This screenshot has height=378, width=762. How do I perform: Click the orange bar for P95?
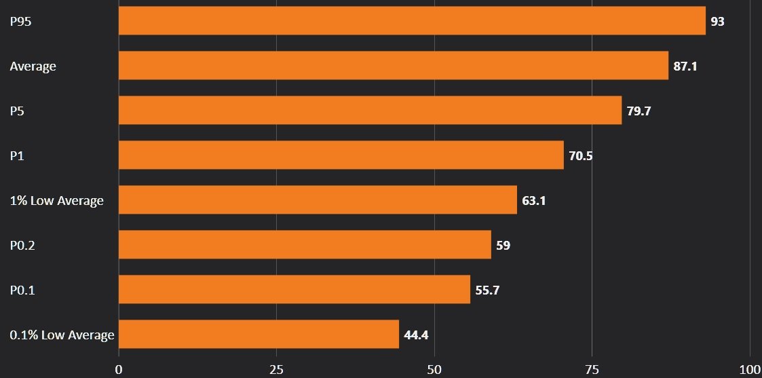pyautogui.click(x=412, y=21)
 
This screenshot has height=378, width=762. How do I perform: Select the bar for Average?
pyautogui.click(x=394, y=66)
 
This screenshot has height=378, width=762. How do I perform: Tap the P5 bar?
pyautogui.click(x=370, y=111)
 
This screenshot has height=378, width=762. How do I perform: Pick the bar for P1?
pyautogui.click(x=341, y=155)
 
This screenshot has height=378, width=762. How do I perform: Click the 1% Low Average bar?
pyautogui.click(x=318, y=200)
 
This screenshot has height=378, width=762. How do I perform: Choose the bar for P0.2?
pyautogui.click(x=305, y=245)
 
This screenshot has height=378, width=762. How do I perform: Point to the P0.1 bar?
pyautogui.click(x=294, y=290)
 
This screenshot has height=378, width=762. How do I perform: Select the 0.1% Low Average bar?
pyautogui.click(x=259, y=335)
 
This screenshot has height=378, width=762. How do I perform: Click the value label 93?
pyautogui.click(x=717, y=22)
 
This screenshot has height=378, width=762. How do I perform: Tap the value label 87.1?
pyautogui.click(x=685, y=67)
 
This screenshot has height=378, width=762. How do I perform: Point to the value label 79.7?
pyautogui.click(x=639, y=111)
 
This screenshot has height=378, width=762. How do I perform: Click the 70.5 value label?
pyautogui.click(x=581, y=156)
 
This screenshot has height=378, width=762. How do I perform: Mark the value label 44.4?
pyautogui.click(x=416, y=335)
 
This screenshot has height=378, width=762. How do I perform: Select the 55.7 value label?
pyautogui.click(x=487, y=290)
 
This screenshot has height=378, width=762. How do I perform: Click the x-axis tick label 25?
pyautogui.click(x=276, y=369)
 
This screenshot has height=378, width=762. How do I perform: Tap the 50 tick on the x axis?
pyautogui.click(x=434, y=369)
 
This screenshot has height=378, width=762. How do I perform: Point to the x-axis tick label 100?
pyautogui.click(x=749, y=369)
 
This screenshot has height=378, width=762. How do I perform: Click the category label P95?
pyautogui.click(x=21, y=22)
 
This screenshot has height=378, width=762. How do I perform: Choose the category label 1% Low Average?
pyautogui.click(x=56, y=201)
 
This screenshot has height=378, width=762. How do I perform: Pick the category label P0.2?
pyautogui.click(x=22, y=246)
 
